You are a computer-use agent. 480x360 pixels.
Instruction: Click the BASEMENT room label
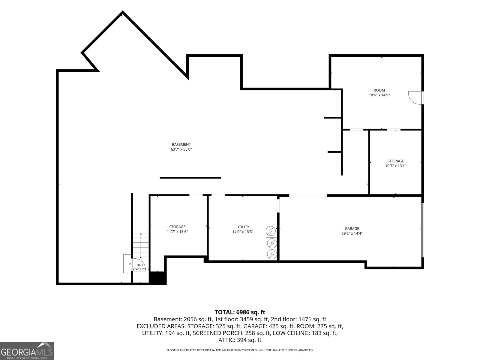point(181,145)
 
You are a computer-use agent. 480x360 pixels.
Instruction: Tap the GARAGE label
point(352,229)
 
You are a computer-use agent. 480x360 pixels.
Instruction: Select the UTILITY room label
point(243,227)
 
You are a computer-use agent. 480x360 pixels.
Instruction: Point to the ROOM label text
point(379,90)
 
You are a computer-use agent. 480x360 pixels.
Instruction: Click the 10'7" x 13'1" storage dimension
point(396,166)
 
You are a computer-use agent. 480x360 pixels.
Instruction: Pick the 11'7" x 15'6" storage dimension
point(177,232)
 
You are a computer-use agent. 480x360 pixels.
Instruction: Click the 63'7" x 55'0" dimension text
point(181,149)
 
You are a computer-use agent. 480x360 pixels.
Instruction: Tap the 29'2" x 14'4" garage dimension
point(352,233)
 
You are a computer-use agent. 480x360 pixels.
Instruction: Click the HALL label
point(140,265)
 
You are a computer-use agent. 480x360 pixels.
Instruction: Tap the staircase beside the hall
point(141,245)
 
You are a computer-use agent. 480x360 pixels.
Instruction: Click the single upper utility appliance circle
point(271,231)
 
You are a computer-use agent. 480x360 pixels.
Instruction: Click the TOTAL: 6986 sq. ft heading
point(240,312)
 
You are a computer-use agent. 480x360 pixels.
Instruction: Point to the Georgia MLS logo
point(27,351)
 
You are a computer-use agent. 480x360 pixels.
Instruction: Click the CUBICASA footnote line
point(240,350)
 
